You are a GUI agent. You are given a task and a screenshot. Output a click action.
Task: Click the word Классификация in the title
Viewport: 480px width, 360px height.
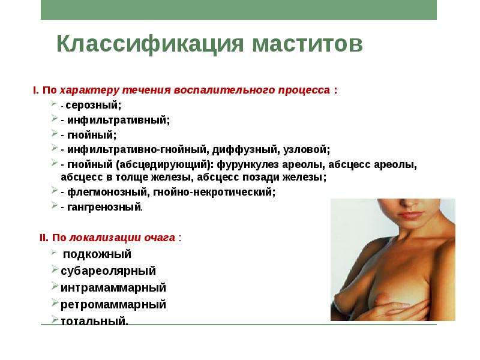click(x=150, y=44)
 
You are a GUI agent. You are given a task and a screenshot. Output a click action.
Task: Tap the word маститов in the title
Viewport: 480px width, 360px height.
click(x=307, y=44)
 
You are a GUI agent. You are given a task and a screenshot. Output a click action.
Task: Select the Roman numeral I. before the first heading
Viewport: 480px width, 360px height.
click(x=36, y=91)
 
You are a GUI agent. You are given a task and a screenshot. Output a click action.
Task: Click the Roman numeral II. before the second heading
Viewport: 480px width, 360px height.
click(x=44, y=238)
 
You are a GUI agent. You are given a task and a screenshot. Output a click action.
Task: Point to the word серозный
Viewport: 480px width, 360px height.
click(x=94, y=106)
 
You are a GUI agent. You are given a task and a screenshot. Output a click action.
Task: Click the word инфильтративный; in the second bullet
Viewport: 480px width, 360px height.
click(x=118, y=120)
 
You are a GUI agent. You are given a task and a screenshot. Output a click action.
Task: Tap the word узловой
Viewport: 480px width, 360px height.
click(x=307, y=149)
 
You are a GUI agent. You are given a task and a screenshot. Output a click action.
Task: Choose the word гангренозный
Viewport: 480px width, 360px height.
click(x=104, y=207)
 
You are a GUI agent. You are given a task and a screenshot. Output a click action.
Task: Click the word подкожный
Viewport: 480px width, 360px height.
click(x=97, y=254)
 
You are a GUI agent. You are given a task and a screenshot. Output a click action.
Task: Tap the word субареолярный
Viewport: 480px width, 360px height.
click(x=109, y=271)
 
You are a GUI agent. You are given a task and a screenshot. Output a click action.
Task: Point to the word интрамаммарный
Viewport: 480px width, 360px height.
click(x=113, y=288)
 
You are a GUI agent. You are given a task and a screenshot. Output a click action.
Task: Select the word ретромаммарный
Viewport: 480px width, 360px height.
click(x=113, y=305)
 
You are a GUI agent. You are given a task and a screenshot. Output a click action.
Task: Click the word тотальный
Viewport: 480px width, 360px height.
click(x=94, y=321)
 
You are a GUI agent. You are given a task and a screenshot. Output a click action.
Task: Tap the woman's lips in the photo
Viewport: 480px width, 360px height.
click(x=410, y=214)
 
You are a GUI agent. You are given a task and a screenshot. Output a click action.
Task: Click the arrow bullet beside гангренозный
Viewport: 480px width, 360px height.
click(x=55, y=205)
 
